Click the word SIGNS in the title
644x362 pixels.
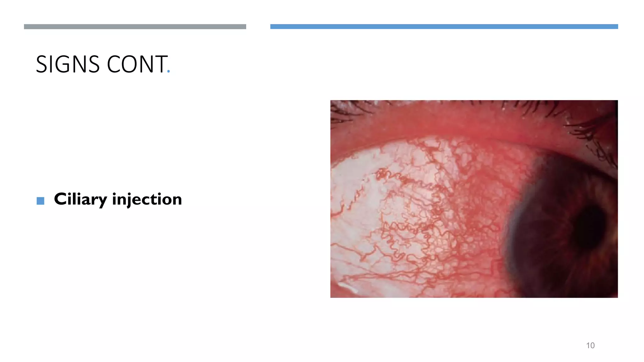pos(68,64)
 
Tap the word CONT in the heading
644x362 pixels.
pos(137,64)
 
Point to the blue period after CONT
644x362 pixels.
pos(169,72)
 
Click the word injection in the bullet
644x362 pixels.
pos(147,199)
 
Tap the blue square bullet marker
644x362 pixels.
pos(40,201)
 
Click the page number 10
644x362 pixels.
pos(590,345)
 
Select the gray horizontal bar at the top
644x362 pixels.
pos(135,27)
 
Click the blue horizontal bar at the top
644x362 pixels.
pos(444,27)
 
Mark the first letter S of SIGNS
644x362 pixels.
pos(42,64)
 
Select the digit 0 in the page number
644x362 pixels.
pos(592,345)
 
